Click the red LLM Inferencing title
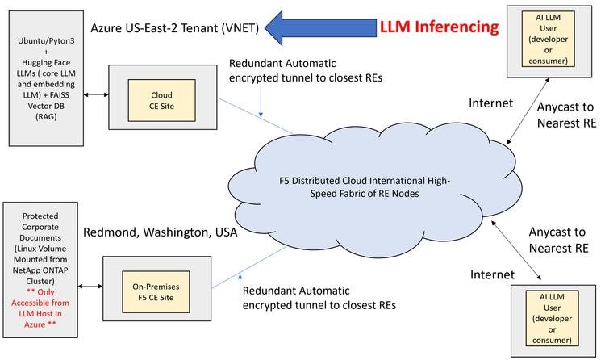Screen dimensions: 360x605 tap(440, 27)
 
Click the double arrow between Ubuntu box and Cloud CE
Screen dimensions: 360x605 tap(96, 96)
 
